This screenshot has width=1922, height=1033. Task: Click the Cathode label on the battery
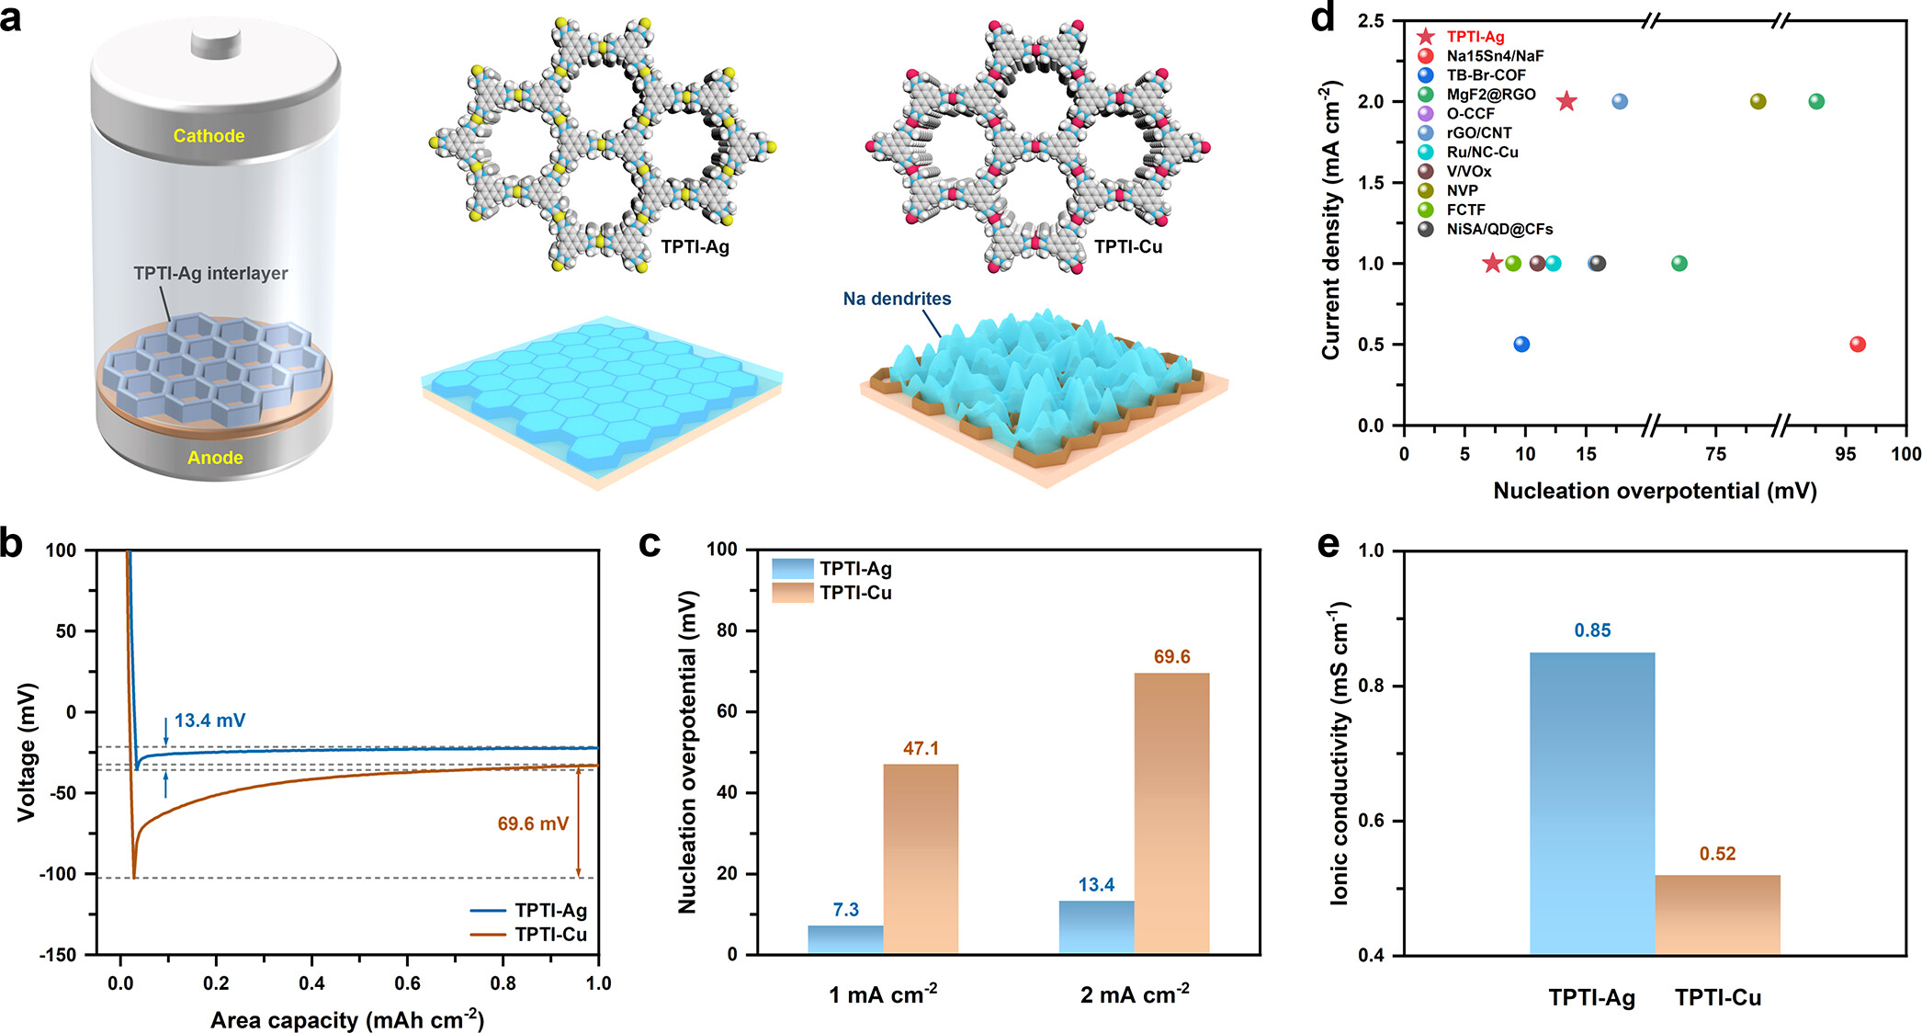coord(209,136)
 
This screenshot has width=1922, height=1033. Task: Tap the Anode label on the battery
coord(215,458)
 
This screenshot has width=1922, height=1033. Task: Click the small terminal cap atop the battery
coord(216,41)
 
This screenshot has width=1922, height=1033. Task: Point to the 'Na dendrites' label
coord(897,299)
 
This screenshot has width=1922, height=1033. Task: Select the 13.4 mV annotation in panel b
coord(209,721)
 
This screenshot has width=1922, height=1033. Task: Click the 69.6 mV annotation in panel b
coord(533,823)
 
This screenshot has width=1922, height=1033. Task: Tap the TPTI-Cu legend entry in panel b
coord(549,935)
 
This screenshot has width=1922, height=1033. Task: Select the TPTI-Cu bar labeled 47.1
coord(921,858)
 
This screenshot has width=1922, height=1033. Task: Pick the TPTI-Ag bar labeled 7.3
coord(845,939)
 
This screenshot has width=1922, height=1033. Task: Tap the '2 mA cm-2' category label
coord(1135,995)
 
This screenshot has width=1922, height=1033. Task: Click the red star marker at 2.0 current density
coord(1566,102)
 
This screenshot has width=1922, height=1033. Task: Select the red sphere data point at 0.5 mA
coord(1857,345)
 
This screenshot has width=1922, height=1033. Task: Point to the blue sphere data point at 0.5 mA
coord(1521,345)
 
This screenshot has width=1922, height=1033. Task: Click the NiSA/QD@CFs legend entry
coord(1498,229)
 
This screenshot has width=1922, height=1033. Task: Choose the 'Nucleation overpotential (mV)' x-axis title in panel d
coord(1655,491)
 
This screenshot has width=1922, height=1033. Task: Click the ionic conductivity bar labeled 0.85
coord(1592,803)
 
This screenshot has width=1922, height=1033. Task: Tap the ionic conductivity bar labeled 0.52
coord(1717,914)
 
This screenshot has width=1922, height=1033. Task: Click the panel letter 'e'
coord(1328,545)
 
